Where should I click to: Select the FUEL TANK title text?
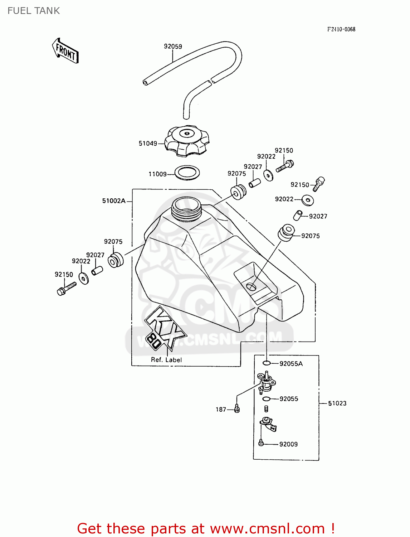point(34,11)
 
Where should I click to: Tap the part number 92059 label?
point(173,46)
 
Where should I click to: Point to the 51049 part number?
point(148,143)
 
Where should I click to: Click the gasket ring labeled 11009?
point(187,173)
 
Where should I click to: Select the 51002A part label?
point(114,201)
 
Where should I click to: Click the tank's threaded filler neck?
point(186,209)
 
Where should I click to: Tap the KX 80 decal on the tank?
point(164,328)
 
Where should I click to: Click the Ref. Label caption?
point(166,360)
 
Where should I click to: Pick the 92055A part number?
point(291,364)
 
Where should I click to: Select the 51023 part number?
point(337,403)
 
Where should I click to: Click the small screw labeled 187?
point(236,408)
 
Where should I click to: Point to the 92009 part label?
point(288,444)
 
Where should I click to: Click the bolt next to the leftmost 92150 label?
point(67,288)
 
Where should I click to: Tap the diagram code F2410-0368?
point(341,29)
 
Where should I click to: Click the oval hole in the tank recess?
point(252,286)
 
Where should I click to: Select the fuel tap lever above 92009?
point(268,425)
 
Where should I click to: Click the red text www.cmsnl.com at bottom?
point(267,528)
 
